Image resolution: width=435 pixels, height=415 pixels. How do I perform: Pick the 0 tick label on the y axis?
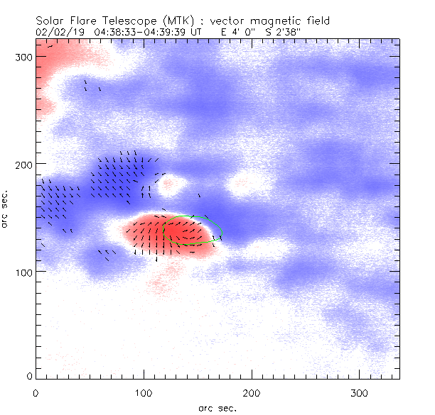click(29, 375)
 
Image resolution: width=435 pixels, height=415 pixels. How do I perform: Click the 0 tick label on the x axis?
click(36, 392)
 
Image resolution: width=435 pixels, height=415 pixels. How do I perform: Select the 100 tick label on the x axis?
click(144, 392)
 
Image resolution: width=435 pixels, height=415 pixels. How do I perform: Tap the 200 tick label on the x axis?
click(252, 392)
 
